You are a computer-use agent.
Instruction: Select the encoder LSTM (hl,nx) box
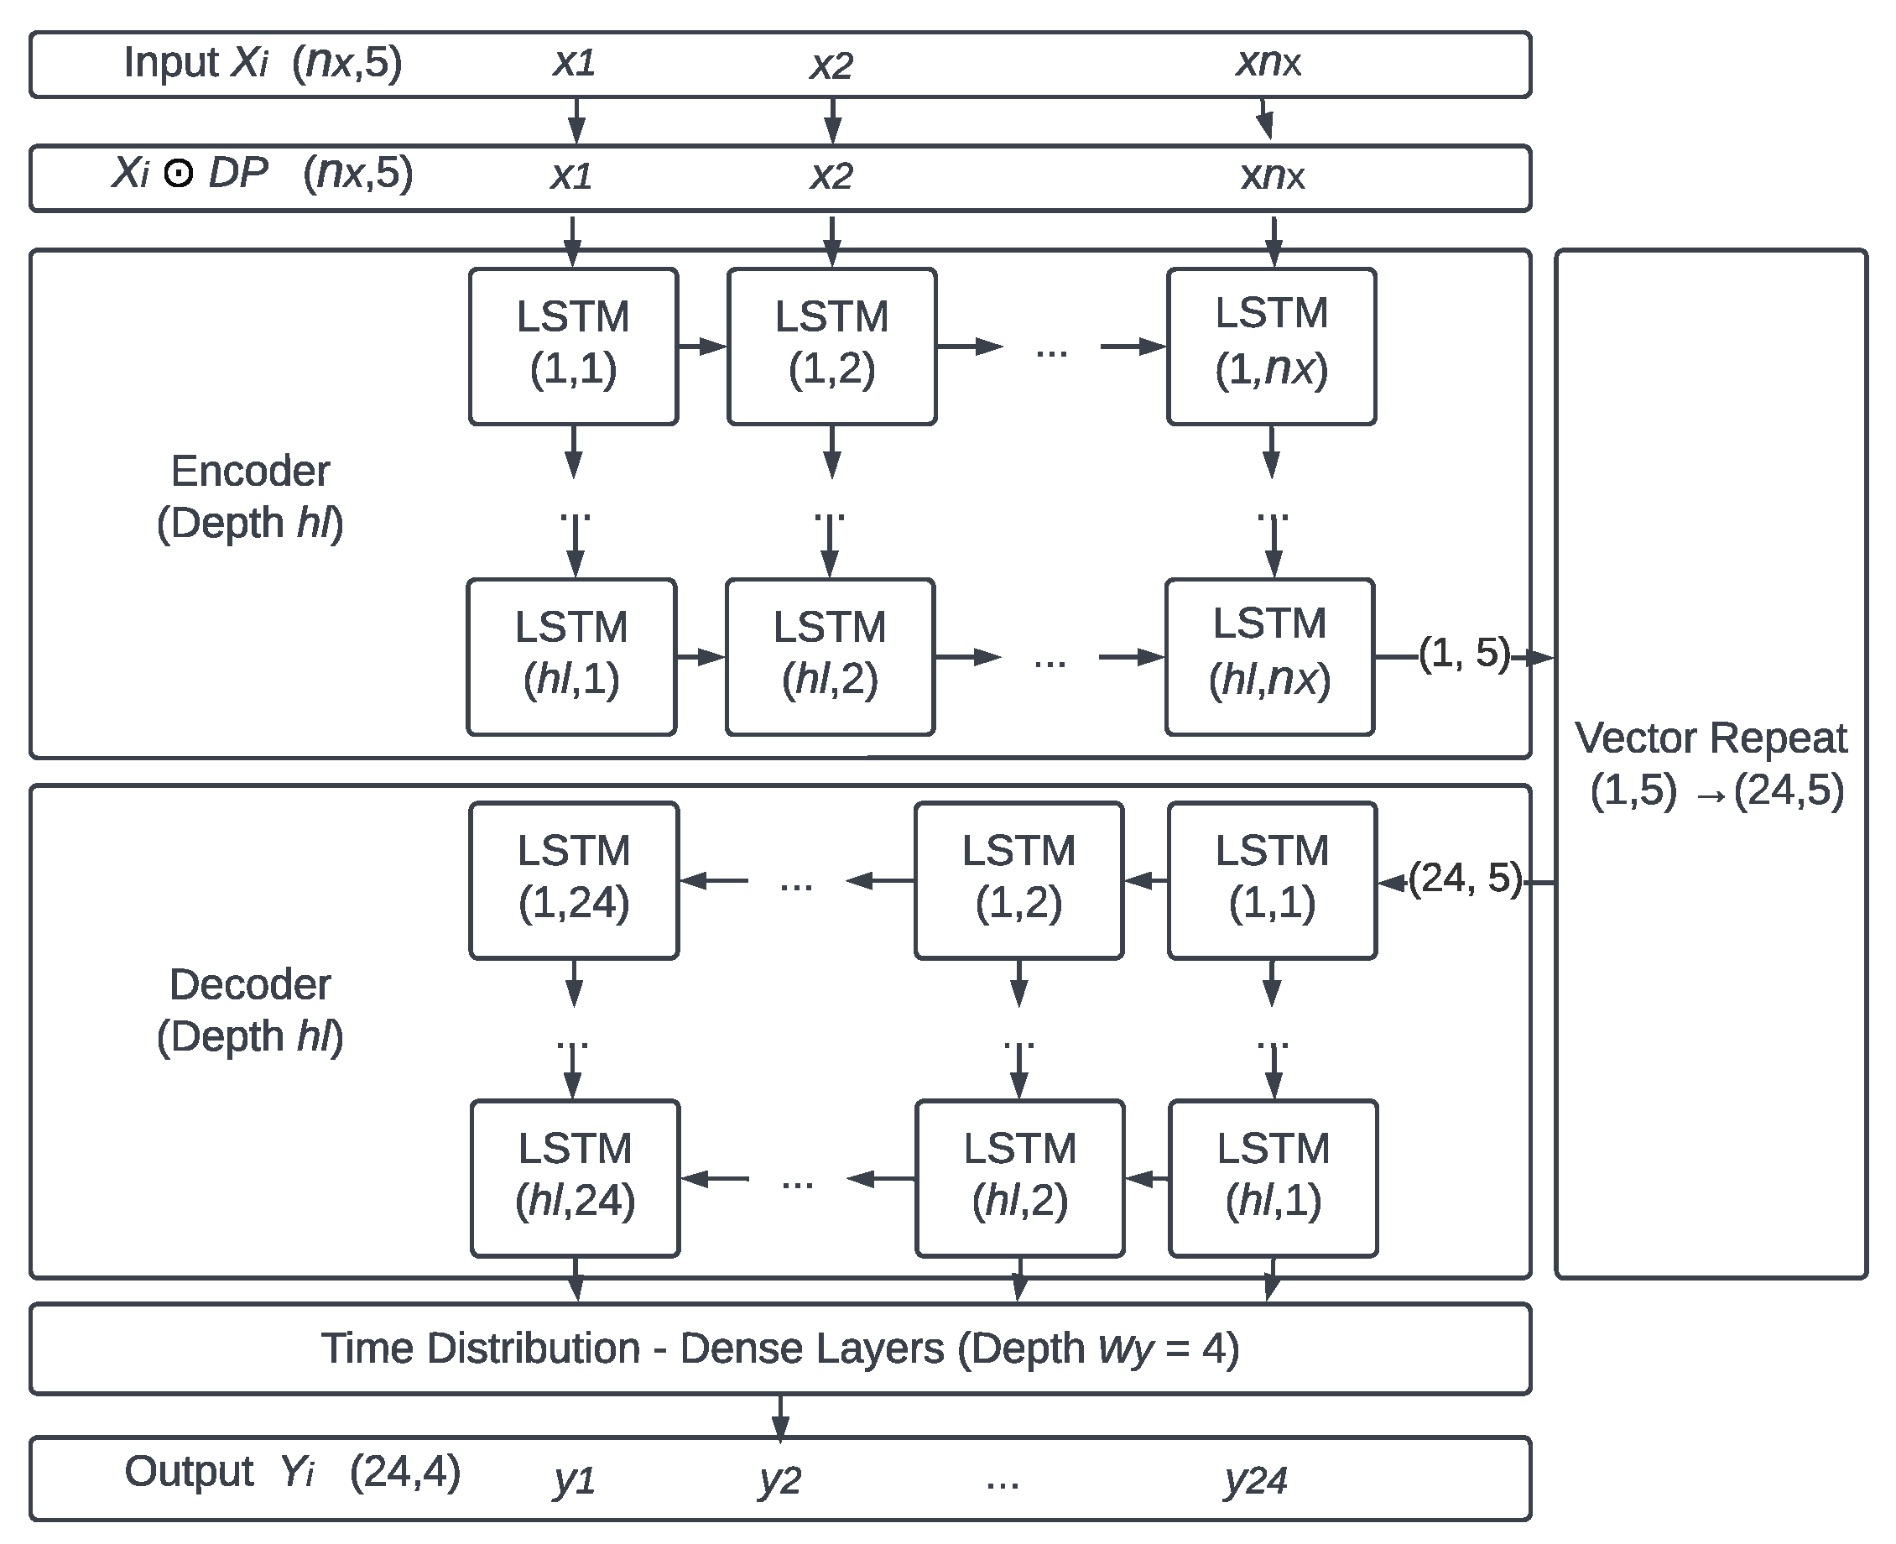tap(1269, 656)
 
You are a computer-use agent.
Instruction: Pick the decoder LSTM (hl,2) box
tap(1019, 1177)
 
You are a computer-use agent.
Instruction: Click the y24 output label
tap(1255, 1479)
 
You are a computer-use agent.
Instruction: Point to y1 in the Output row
tap(574, 1479)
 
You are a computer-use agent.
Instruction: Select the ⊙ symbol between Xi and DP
tap(179, 174)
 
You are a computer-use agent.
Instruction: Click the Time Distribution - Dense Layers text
tap(780, 1348)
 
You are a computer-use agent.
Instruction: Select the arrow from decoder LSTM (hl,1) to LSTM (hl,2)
tap(1146, 1178)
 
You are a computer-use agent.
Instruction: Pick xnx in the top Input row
tap(1268, 62)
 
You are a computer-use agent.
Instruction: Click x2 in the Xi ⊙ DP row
tap(831, 175)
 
